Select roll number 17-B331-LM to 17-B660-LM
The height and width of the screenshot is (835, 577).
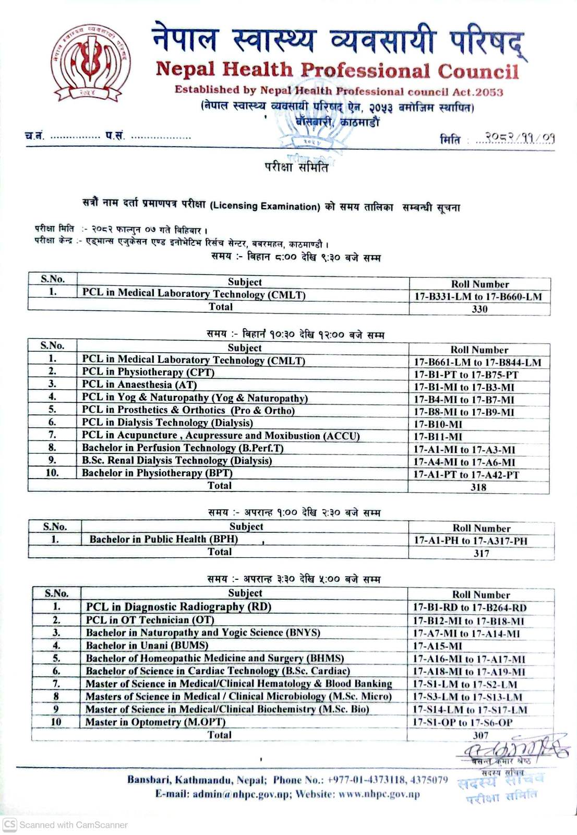[x=478, y=297]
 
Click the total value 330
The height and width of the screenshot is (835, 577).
[x=479, y=309]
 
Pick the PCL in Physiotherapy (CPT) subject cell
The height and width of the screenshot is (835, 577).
[x=148, y=372]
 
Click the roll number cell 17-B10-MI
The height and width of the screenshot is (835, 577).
[x=438, y=424]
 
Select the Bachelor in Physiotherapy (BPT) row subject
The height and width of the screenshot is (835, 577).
[x=157, y=473]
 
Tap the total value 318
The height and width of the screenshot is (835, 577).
[x=478, y=487]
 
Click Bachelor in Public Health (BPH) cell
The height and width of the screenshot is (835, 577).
[x=163, y=539]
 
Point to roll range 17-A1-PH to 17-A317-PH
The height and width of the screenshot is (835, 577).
[x=470, y=541]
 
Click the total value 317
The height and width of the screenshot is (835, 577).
[x=481, y=553]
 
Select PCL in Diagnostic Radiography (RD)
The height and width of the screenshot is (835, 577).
[x=178, y=606]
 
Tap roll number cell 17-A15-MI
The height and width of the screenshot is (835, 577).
[x=437, y=646]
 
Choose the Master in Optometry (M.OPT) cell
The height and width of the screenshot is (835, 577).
[x=155, y=722]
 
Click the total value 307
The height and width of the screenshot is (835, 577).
[x=480, y=735]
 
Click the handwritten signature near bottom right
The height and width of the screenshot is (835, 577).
[x=514, y=748]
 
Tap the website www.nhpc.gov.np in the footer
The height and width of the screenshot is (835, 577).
[x=379, y=794]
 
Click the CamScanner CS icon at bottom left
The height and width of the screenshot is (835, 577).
[x=9, y=825]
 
